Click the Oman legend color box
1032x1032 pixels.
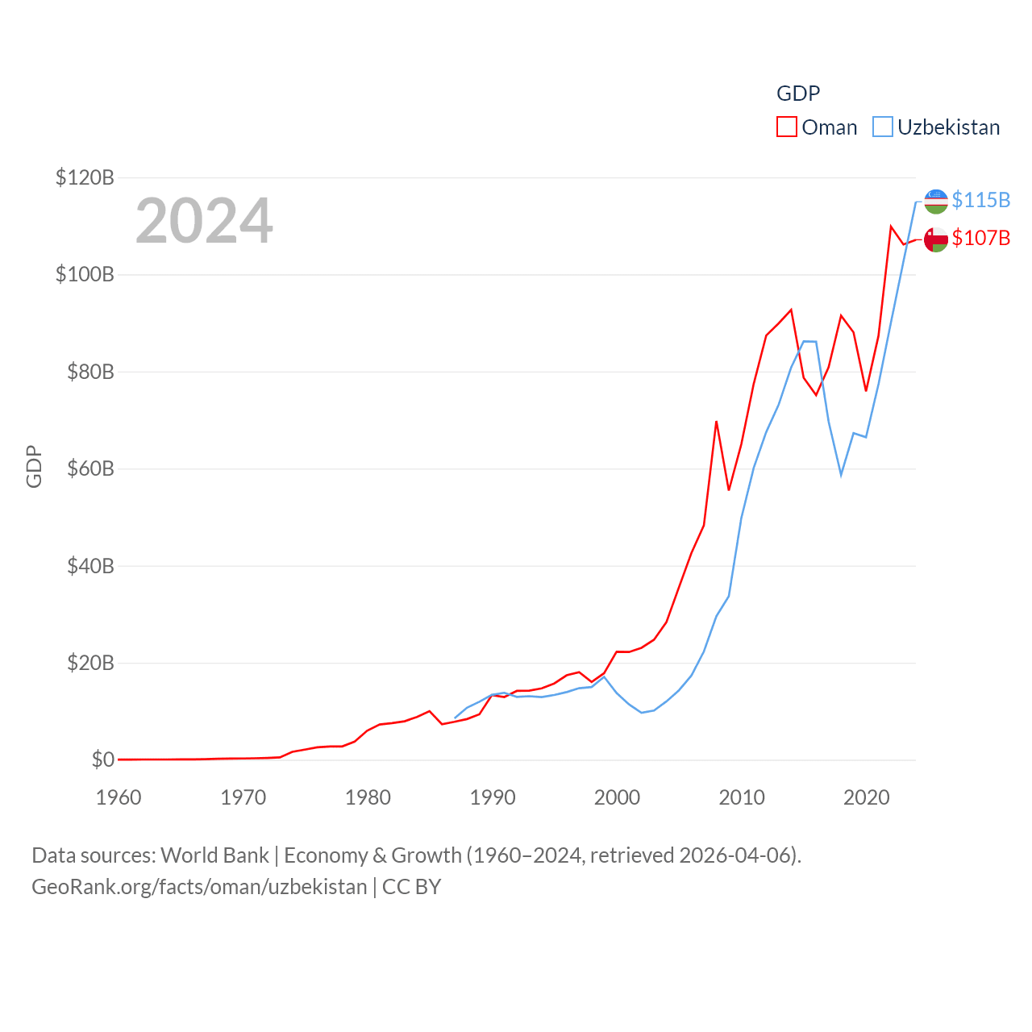tap(787, 127)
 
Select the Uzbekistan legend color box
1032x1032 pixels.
tap(883, 127)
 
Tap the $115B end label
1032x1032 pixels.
tap(980, 200)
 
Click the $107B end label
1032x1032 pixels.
tap(980, 238)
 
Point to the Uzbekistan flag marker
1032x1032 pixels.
tap(935, 202)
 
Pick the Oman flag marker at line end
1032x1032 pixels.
tap(935, 239)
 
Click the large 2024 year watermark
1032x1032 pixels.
tap(204, 221)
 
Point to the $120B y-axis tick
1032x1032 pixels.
tap(85, 177)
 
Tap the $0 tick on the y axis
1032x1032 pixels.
tap(102, 759)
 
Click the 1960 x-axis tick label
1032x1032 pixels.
tap(119, 797)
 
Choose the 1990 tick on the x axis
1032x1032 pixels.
tap(493, 797)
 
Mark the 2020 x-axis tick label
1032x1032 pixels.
tap(866, 797)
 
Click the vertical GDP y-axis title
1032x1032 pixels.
tap(34, 466)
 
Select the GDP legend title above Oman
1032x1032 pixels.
tap(798, 94)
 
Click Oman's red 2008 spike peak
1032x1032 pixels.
tap(716, 422)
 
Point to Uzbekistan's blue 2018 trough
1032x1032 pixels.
tap(841, 474)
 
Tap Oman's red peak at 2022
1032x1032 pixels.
tap(891, 227)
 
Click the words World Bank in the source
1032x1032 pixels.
tap(214, 855)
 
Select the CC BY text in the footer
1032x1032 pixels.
tap(411, 887)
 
